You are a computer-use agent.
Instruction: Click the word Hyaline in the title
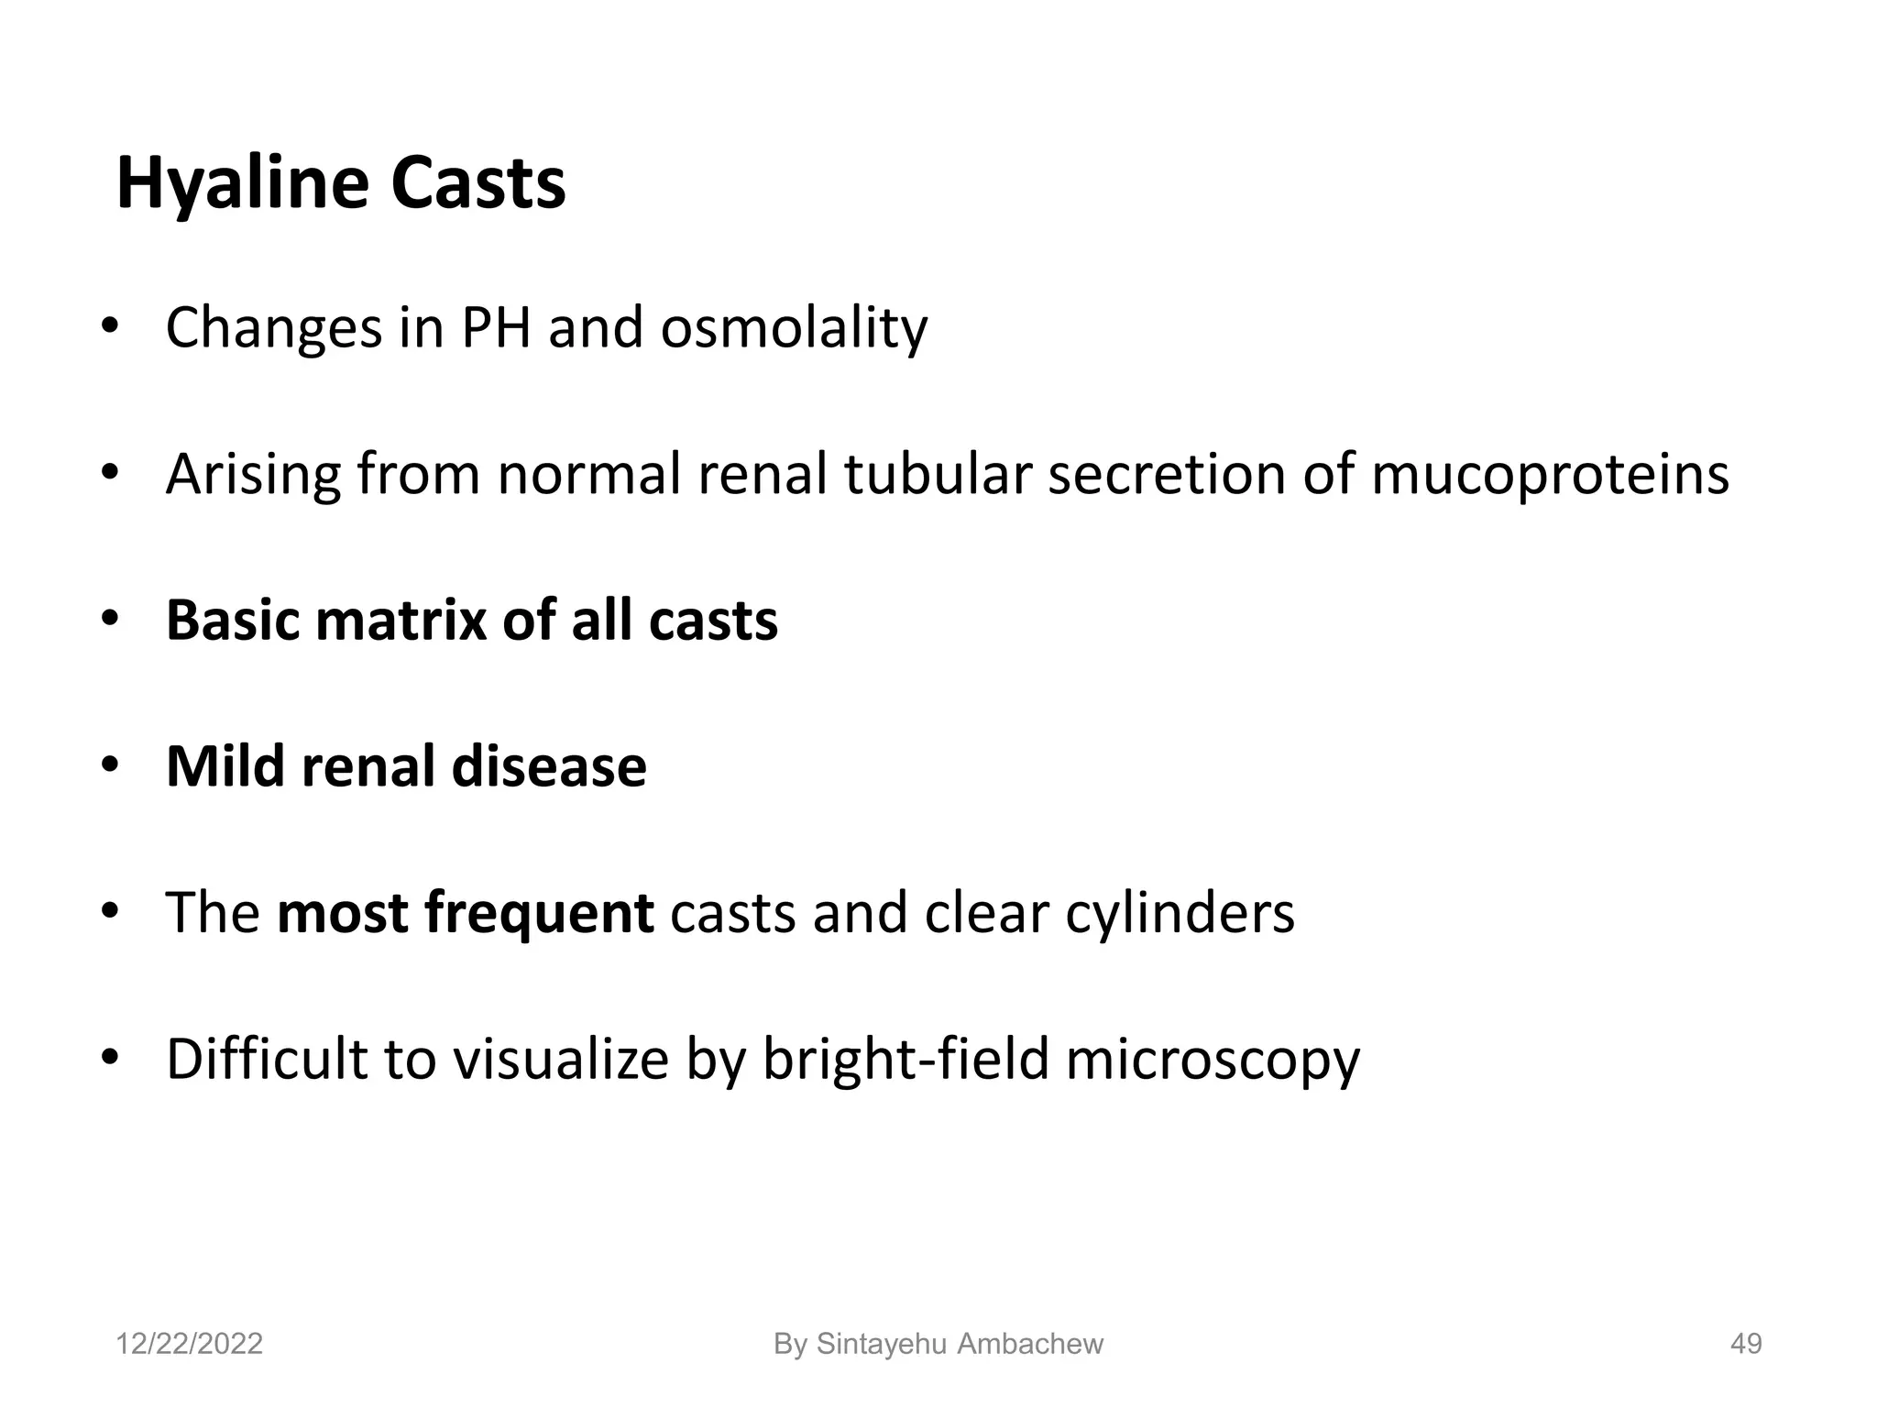click(x=243, y=185)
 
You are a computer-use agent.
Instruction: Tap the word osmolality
click(x=794, y=328)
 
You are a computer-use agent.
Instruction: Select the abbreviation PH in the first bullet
click(x=496, y=328)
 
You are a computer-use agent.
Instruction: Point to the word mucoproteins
click(x=1550, y=475)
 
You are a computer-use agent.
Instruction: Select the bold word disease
click(x=549, y=767)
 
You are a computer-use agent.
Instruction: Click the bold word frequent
click(x=466, y=914)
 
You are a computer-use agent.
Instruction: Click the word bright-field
click(x=906, y=1060)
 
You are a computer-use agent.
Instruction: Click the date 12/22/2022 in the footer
click(x=189, y=1344)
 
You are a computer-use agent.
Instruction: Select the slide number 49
click(x=1745, y=1344)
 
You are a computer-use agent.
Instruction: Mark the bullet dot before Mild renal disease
click(x=110, y=767)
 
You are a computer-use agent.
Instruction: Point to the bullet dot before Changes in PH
click(x=110, y=328)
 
